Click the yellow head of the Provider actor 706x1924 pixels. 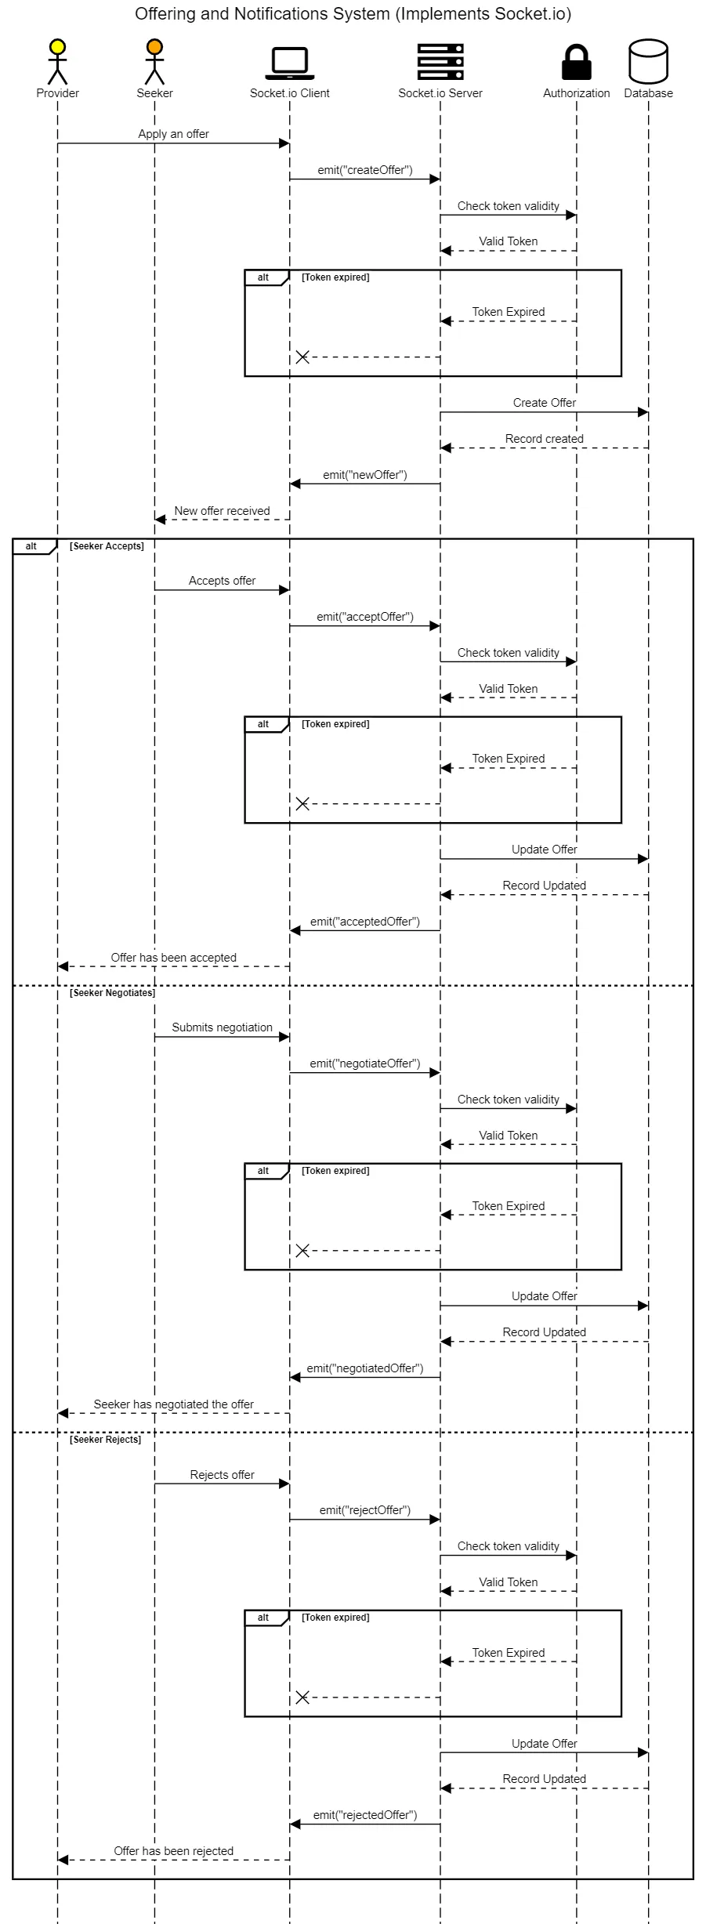point(57,47)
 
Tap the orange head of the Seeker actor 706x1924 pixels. point(154,47)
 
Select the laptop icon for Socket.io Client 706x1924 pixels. point(289,63)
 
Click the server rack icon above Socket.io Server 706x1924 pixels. point(440,61)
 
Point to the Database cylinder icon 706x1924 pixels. point(648,61)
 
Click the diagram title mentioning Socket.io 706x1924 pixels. point(353,13)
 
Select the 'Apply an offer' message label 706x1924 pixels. point(173,134)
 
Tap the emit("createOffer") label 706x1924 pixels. point(364,170)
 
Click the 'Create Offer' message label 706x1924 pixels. point(544,403)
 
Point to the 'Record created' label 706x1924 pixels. point(544,439)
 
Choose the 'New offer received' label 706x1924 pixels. point(222,511)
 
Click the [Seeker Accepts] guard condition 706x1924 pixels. point(107,546)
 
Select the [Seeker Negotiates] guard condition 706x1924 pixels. point(112,993)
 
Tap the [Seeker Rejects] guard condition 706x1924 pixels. point(106,1440)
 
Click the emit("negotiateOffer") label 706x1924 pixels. point(364,1063)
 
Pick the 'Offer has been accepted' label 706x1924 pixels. point(173,958)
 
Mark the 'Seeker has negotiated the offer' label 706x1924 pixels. point(173,1404)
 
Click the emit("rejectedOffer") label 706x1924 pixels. point(364,1815)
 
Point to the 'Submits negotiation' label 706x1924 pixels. point(222,1027)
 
